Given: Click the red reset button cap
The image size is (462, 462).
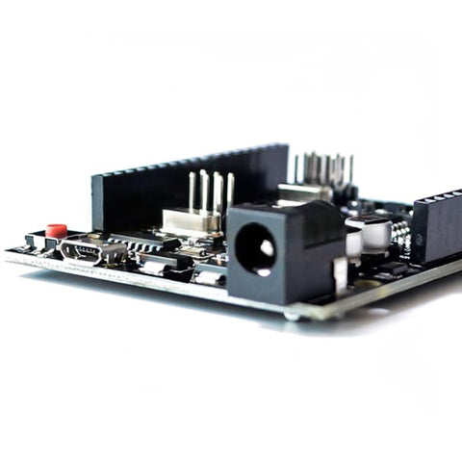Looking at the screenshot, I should pyautogui.click(x=57, y=230).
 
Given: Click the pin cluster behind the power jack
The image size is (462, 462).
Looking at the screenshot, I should pyautogui.click(x=321, y=167).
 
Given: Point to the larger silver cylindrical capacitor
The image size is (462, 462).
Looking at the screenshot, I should pyautogui.click(x=373, y=231).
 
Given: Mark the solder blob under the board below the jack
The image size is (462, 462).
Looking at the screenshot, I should pyautogui.click(x=292, y=315).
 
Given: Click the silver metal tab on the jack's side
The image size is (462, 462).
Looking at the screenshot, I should pyautogui.click(x=339, y=275).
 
